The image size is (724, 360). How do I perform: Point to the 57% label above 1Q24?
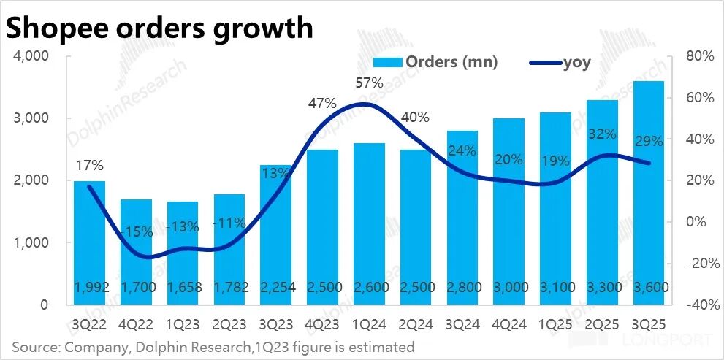[370, 83]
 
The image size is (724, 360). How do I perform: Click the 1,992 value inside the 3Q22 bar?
[89, 288]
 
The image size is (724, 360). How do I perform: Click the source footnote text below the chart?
[213, 346]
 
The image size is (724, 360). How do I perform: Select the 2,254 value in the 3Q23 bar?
[276, 288]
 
